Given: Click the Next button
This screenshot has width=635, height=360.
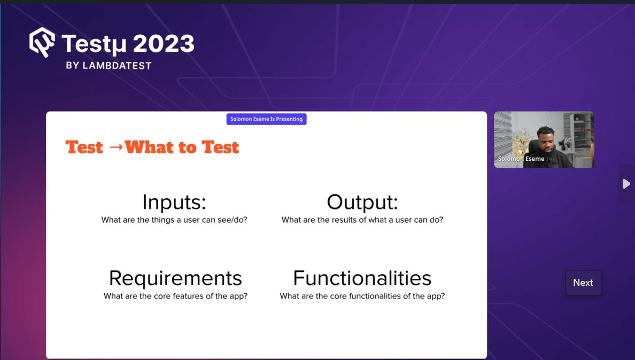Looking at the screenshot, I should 583,283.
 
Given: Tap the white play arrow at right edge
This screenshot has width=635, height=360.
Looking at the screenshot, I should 626,184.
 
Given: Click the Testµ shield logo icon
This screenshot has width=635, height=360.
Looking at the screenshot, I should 42,42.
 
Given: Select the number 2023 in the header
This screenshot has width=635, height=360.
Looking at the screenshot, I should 164,44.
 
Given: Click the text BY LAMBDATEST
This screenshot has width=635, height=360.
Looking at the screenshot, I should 109,66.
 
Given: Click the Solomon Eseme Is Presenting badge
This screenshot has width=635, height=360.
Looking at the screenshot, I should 266,119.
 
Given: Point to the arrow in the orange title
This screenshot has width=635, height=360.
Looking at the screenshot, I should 115,147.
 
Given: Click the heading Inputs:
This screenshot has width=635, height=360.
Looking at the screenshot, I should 174,202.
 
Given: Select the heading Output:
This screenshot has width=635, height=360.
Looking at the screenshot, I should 362,202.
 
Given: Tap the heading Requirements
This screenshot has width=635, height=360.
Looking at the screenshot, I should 175,278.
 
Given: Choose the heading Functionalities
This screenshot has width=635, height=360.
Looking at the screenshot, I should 362,278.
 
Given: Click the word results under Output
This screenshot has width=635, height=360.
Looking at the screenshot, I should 348,220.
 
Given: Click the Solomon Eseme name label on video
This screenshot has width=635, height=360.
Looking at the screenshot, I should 521,159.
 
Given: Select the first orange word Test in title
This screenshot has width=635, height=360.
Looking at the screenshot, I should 84,147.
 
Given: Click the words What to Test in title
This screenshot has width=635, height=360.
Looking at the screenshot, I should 182,147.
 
